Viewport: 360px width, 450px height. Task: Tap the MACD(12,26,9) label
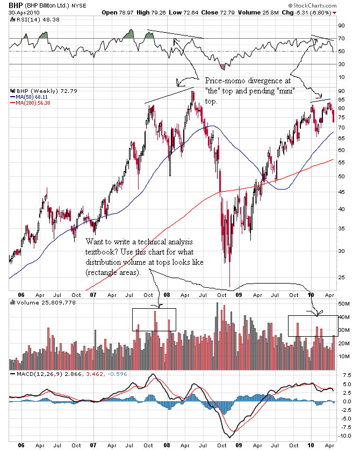(42, 374)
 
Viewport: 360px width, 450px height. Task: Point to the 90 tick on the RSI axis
(340, 25)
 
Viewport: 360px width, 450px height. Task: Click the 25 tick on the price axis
(340, 278)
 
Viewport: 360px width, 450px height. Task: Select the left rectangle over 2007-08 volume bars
(154, 320)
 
